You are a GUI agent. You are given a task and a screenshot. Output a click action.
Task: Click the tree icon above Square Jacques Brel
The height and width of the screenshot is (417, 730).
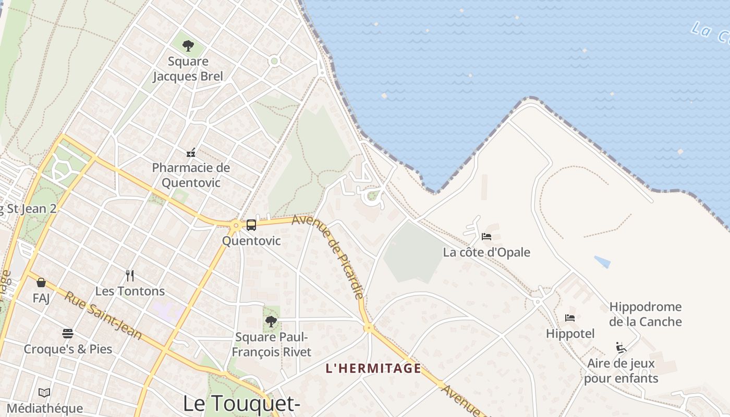tap(188, 46)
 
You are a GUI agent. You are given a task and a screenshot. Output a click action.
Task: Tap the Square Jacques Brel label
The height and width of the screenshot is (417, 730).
tap(188, 69)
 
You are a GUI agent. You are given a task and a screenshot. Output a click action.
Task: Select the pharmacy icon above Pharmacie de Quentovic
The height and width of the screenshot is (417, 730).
tap(191, 153)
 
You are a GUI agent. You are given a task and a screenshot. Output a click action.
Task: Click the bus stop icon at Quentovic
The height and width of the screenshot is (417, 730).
tap(251, 225)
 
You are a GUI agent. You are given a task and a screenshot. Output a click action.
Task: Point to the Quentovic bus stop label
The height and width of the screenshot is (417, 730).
tap(251, 241)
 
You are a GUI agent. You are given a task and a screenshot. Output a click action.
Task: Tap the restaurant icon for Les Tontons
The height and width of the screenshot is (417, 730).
tap(130, 276)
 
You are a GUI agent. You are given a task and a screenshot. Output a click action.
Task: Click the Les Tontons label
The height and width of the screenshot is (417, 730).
tap(130, 291)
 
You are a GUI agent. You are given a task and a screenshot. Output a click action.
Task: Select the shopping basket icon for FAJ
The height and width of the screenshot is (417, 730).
tap(41, 283)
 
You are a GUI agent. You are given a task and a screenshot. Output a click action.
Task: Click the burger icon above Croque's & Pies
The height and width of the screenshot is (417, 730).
tap(68, 334)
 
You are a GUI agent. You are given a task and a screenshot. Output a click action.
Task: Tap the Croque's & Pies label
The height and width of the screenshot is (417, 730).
tap(68, 349)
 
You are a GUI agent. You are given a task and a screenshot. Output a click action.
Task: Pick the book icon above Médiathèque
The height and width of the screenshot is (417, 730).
tap(44, 393)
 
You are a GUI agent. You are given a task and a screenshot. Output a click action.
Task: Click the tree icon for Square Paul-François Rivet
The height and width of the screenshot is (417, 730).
tap(271, 322)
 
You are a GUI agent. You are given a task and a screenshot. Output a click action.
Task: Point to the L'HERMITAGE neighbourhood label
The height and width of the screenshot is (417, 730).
tap(373, 369)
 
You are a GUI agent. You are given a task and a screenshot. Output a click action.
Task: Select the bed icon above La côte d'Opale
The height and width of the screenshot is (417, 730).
tap(486, 237)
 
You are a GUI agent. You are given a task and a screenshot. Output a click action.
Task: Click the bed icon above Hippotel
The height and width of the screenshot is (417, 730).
tap(570, 317)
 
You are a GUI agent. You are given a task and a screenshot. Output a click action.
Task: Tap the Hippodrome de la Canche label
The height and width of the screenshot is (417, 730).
tap(645, 314)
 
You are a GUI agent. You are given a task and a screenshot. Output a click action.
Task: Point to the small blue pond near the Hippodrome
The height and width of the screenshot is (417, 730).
tap(602, 262)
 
